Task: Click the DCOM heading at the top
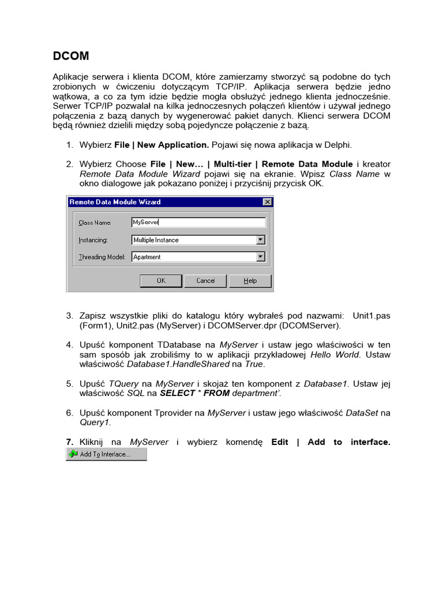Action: click(71, 56)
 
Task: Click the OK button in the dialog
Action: click(161, 280)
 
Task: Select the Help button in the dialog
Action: click(250, 280)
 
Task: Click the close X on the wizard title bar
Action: click(266, 202)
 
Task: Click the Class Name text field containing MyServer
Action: click(198, 222)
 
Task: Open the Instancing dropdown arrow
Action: click(260, 240)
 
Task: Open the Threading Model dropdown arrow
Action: click(260, 257)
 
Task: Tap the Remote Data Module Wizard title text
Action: click(115, 202)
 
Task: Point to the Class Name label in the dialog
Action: click(94, 222)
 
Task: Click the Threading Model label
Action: click(102, 257)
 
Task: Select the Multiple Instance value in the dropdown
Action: click(156, 240)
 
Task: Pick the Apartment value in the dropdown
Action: click(147, 257)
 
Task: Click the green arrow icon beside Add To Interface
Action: click(73, 454)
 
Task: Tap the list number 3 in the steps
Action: click(69, 316)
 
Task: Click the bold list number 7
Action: click(69, 442)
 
